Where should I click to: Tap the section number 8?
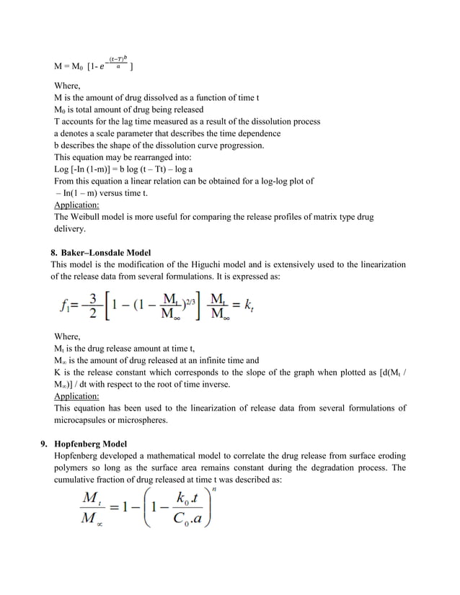click(53, 253)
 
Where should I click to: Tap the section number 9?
click(44, 444)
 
